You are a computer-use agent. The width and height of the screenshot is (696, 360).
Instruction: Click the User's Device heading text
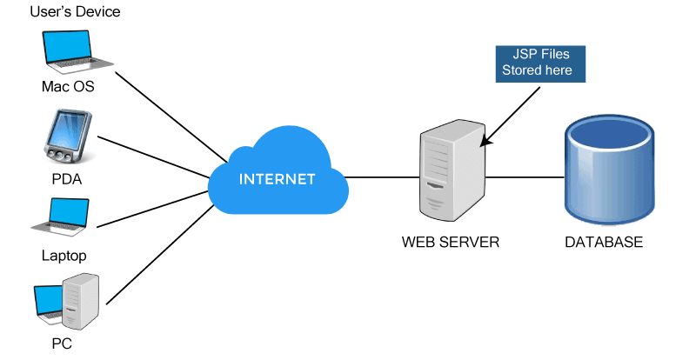(74, 12)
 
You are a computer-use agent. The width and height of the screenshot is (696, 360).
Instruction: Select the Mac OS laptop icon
(77, 53)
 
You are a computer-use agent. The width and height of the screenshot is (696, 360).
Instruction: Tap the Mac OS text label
(67, 88)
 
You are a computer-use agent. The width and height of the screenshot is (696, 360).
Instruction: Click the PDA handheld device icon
(66, 137)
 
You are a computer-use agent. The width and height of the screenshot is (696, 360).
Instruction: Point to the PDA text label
(66, 179)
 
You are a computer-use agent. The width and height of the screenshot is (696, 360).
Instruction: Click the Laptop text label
(64, 256)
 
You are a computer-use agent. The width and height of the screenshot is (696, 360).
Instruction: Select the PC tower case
(84, 301)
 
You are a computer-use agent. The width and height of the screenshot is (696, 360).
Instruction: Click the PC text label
(61, 343)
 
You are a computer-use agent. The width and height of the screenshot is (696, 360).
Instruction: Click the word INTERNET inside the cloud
(277, 180)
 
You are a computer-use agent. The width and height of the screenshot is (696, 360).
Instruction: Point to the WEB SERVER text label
(451, 242)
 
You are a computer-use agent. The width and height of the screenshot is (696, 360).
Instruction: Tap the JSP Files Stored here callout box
(539, 63)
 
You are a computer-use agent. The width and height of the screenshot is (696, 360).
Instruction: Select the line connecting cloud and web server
(383, 179)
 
